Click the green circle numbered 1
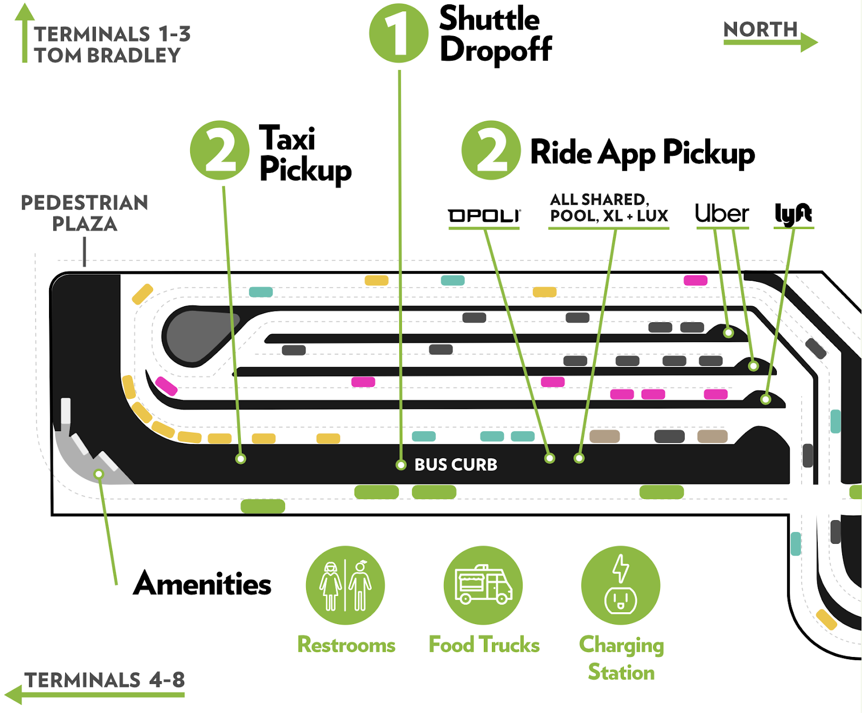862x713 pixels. pyautogui.click(x=398, y=33)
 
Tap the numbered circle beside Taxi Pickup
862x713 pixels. pyautogui.click(x=220, y=150)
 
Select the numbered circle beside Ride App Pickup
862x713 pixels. pyautogui.click(x=491, y=150)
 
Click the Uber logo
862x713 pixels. pyautogui.click(x=722, y=214)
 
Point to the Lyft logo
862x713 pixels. pyautogui.click(x=793, y=214)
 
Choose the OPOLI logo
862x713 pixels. pyautogui.click(x=484, y=216)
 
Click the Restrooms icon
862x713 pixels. pyautogui.click(x=345, y=585)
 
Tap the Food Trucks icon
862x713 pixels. pyautogui.click(x=483, y=585)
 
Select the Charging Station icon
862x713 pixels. pyautogui.click(x=621, y=585)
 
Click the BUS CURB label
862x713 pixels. pyautogui.click(x=456, y=465)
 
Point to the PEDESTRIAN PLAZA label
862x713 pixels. pyautogui.click(x=85, y=213)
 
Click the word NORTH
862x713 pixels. pyautogui.click(x=760, y=29)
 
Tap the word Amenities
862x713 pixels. pyautogui.click(x=202, y=584)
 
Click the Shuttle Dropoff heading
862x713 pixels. pyautogui.click(x=496, y=34)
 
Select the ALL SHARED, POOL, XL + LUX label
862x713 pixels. pyautogui.click(x=609, y=208)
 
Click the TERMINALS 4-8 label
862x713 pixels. pyautogui.click(x=105, y=680)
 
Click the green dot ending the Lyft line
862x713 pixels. pyautogui.click(x=766, y=399)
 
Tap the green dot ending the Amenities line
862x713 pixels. pyautogui.click(x=99, y=474)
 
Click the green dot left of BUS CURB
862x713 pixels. pyautogui.click(x=401, y=465)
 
